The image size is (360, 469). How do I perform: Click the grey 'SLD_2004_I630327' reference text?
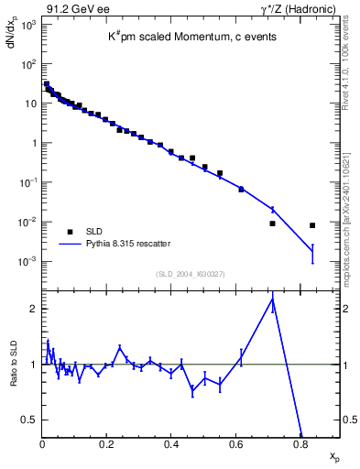pyautogui.click(x=190, y=273)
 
